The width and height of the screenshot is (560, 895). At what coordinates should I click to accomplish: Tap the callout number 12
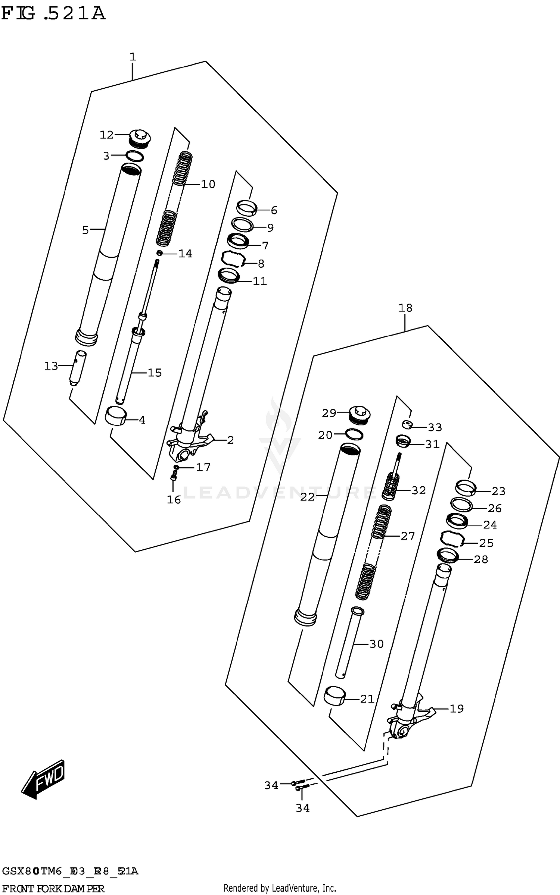106,135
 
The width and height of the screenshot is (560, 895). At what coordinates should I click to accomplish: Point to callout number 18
405,308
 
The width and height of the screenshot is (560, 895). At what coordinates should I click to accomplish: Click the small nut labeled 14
159,254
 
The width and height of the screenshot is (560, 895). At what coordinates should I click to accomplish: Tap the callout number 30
376,644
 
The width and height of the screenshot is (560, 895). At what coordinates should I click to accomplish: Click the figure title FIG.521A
53,14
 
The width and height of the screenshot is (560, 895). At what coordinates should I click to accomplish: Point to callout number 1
133,57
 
